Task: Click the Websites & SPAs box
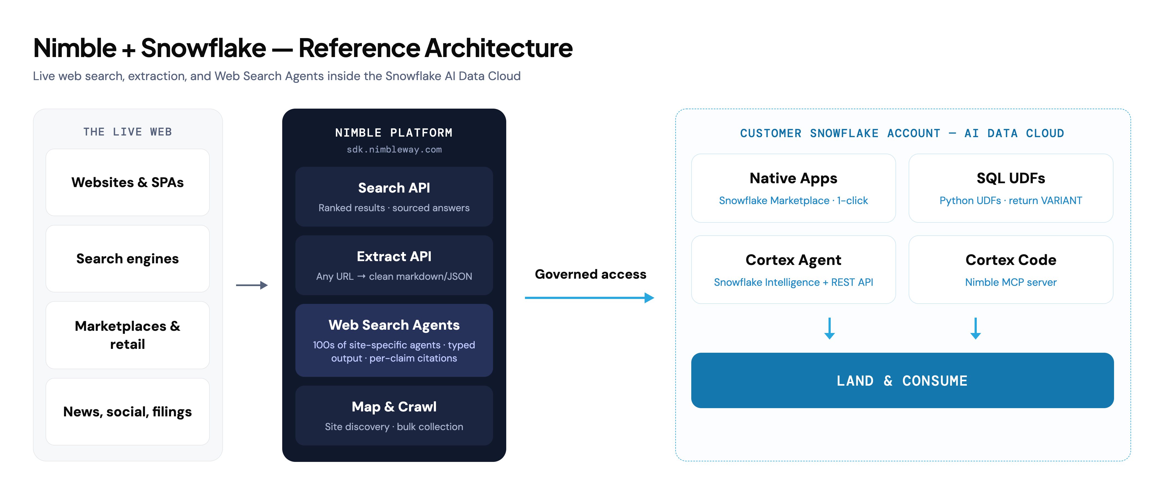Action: pyautogui.click(x=127, y=182)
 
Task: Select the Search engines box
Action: pyautogui.click(x=127, y=259)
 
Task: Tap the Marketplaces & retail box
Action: pyautogui.click(x=127, y=335)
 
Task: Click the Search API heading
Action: pyautogui.click(x=394, y=188)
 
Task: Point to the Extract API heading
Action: pyautogui.click(x=394, y=256)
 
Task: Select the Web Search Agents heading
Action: pyautogui.click(x=394, y=325)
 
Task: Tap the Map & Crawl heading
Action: pyautogui.click(x=394, y=407)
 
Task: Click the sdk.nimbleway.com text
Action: pyautogui.click(x=394, y=149)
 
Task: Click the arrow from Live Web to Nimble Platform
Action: pyautogui.click(x=252, y=285)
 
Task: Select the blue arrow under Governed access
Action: pyautogui.click(x=589, y=298)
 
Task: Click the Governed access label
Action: pyautogui.click(x=591, y=274)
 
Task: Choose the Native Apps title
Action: pyautogui.click(x=793, y=178)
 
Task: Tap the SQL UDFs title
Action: pyautogui.click(x=1011, y=178)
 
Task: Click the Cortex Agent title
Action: pyautogui.click(x=793, y=260)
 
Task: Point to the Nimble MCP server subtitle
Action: pyautogui.click(x=1011, y=282)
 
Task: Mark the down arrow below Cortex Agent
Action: pyautogui.click(x=830, y=328)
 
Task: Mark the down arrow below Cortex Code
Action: pyautogui.click(x=976, y=328)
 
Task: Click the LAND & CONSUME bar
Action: pyautogui.click(x=902, y=380)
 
